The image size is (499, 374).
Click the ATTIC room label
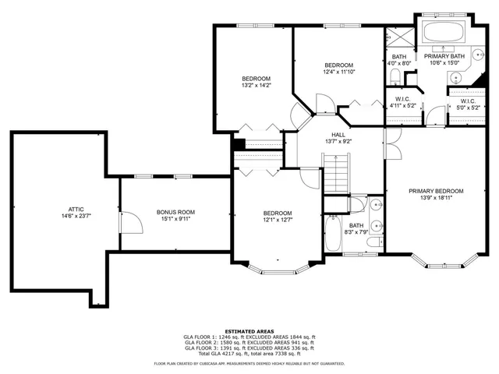(76, 209)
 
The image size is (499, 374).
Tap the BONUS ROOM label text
(175, 212)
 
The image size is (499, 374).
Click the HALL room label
(337, 134)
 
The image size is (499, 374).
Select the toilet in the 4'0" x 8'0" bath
(395, 76)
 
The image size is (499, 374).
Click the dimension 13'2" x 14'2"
(256, 86)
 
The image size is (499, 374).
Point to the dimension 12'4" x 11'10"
(339, 72)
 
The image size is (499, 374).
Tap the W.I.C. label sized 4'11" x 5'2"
(403, 105)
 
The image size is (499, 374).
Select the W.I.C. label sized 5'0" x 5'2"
(468, 106)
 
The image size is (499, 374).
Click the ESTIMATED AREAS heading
(249, 331)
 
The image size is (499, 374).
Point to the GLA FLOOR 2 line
(249, 342)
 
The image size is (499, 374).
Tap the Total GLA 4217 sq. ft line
(249, 353)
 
